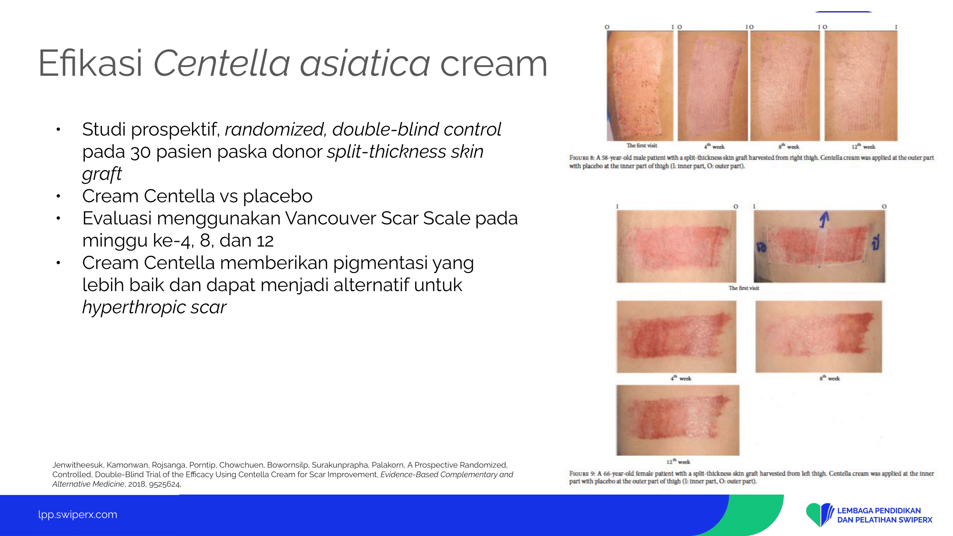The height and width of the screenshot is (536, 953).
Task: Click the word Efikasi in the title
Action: pos(90,63)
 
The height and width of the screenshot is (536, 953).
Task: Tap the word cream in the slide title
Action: pos(494,64)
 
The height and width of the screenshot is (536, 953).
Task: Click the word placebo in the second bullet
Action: pos(278,196)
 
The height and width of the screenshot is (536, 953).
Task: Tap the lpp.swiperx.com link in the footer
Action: pos(78,515)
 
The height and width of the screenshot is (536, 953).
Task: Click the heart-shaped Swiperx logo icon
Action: pos(820,515)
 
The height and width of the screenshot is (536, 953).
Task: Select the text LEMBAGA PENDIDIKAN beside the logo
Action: pos(879,511)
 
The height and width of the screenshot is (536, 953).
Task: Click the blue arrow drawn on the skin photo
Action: pos(824,220)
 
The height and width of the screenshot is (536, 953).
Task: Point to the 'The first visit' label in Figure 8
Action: pos(641,146)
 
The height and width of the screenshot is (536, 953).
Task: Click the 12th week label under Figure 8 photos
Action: pos(863,147)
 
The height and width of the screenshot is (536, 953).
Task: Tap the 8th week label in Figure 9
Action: pos(830,378)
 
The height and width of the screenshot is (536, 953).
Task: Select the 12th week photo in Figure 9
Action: pos(678,420)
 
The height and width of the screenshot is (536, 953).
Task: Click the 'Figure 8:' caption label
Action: pos(582,158)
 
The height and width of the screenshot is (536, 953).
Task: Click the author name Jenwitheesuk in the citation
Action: pos(78,465)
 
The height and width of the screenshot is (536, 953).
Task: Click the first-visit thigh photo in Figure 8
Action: pos(639,86)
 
